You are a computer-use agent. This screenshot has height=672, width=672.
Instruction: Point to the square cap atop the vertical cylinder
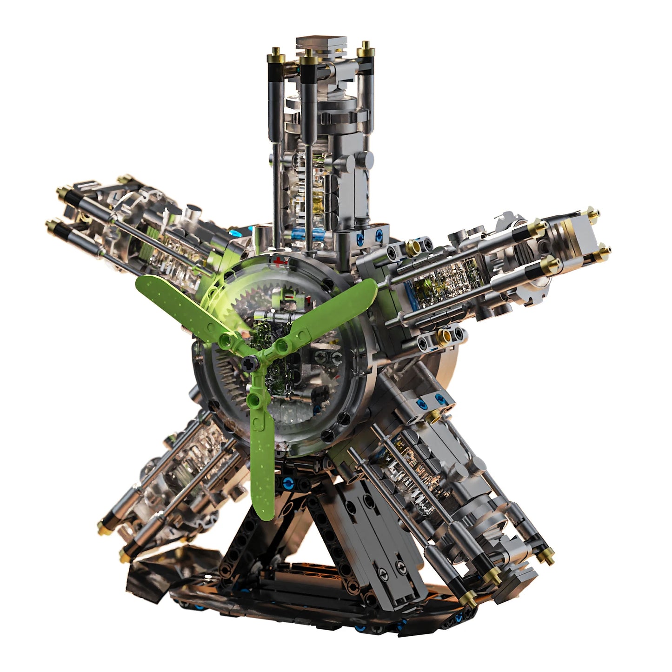321,44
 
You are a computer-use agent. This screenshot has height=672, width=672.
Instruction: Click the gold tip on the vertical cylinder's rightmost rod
366,48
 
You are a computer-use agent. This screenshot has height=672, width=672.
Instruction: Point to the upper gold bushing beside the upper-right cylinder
412,246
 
